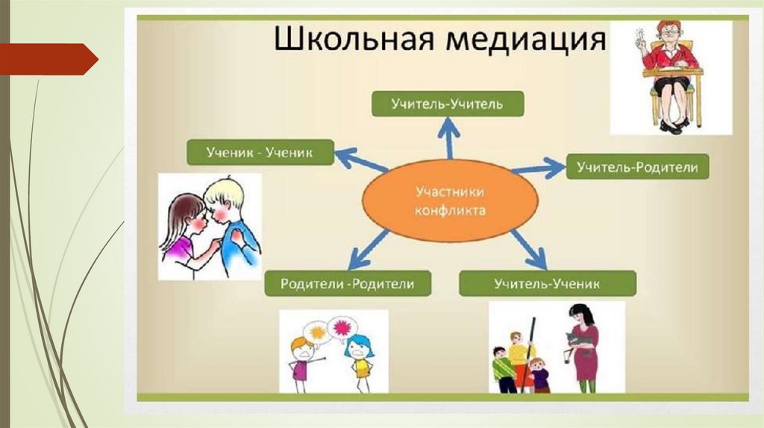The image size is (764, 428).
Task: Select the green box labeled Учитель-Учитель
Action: (448, 104)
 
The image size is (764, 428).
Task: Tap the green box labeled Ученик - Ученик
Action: (259, 152)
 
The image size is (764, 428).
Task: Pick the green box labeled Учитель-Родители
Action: (637, 167)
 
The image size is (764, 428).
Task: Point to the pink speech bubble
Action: (344, 327)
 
